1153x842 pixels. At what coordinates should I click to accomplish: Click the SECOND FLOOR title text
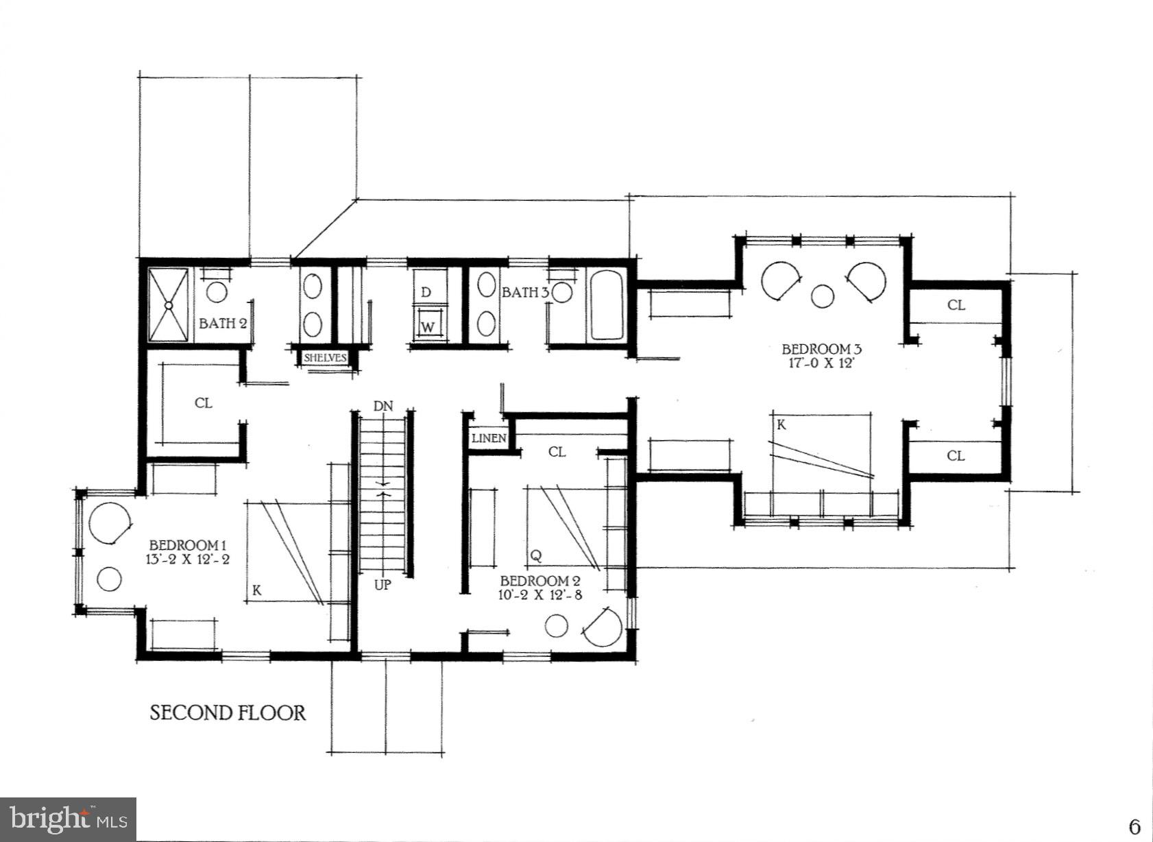(x=228, y=712)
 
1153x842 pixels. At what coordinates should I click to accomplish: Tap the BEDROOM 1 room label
(x=183, y=545)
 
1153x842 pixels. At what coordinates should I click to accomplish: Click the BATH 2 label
(x=223, y=323)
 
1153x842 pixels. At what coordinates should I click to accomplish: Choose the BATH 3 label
(x=525, y=293)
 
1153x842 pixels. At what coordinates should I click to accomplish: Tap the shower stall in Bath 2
(x=168, y=304)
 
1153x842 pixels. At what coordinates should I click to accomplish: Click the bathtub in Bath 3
(x=606, y=305)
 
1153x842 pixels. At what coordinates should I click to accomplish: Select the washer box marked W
(x=428, y=326)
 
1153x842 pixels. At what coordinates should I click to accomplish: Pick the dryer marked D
(x=426, y=293)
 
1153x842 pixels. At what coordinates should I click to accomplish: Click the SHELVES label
(x=325, y=358)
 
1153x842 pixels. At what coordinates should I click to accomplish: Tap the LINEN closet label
(x=489, y=438)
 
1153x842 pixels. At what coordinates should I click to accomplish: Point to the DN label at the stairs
(x=383, y=406)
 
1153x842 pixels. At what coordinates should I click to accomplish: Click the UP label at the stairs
(x=383, y=585)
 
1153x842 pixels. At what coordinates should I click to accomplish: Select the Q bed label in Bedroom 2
(x=536, y=555)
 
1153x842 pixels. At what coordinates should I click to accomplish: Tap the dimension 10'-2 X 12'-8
(x=541, y=594)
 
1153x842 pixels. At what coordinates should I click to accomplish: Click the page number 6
(x=1134, y=826)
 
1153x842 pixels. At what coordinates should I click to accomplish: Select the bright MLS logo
(x=68, y=819)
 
